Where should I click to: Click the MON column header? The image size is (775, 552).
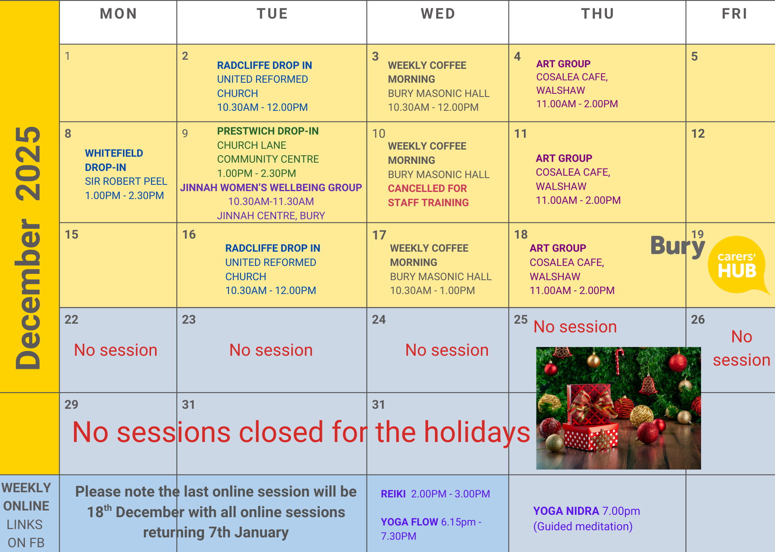[x=118, y=14]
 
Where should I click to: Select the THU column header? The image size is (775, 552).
[x=597, y=14]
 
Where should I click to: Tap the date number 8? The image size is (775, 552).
[x=68, y=134]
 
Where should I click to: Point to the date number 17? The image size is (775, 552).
[x=379, y=235]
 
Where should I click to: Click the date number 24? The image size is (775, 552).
[x=379, y=319]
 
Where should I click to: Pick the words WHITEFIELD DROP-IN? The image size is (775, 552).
[x=114, y=160]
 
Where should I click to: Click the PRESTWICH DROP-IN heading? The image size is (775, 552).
[x=268, y=131]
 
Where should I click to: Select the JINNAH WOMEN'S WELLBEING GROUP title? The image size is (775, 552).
[x=271, y=188]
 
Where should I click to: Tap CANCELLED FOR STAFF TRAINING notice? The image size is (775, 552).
[x=428, y=195]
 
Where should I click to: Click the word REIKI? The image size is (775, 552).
[x=393, y=494]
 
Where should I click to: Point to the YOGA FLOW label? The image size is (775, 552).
[x=409, y=522]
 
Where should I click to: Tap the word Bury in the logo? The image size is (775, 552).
[x=678, y=246]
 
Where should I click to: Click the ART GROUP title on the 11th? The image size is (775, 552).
[x=564, y=158]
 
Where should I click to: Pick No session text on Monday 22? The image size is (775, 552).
[x=115, y=350]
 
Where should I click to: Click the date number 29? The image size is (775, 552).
[x=71, y=404]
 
